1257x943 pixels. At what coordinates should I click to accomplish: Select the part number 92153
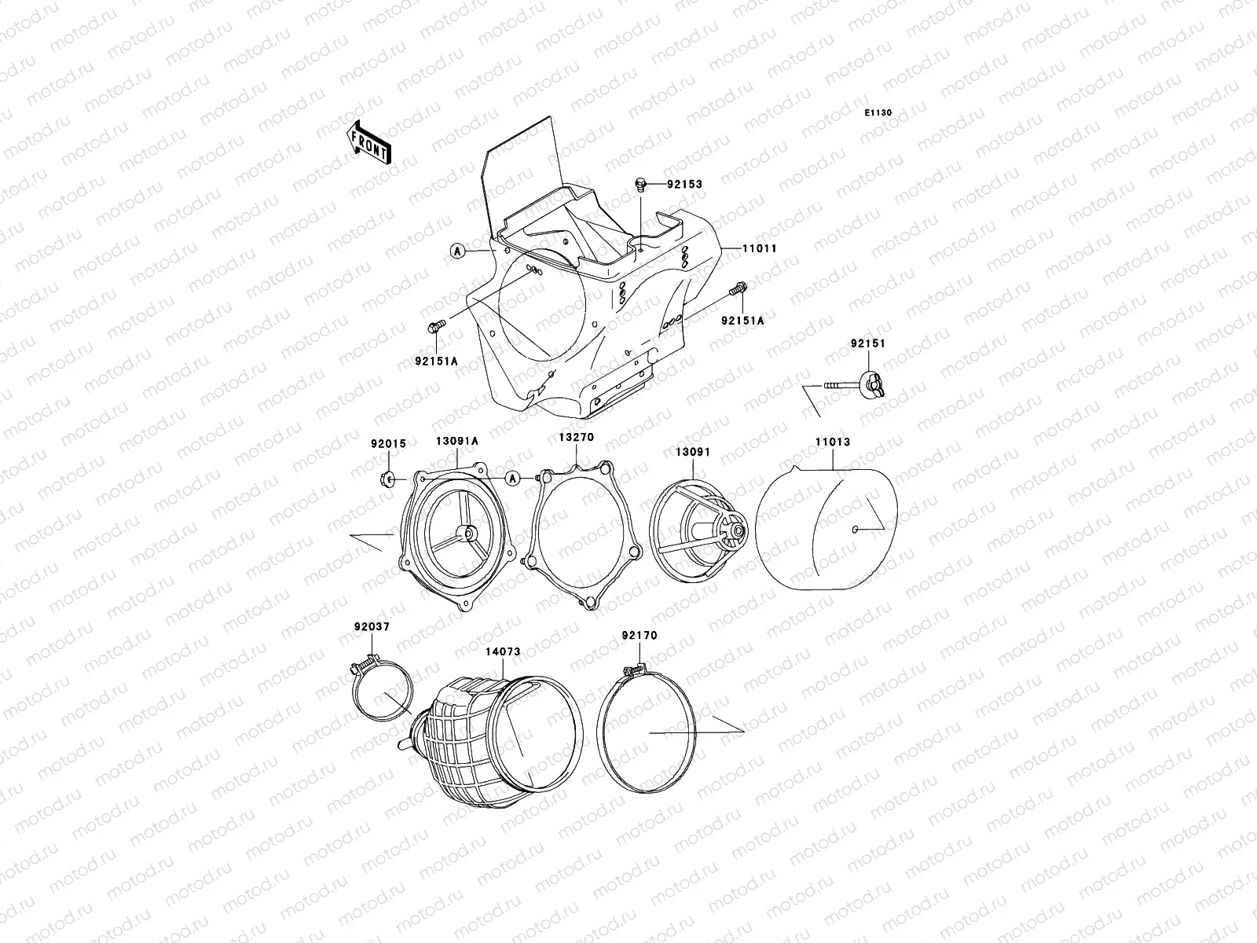pyautogui.click(x=684, y=185)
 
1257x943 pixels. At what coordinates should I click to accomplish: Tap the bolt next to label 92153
pyautogui.click(x=640, y=184)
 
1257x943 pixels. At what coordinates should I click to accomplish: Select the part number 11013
pyautogui.click(x=832, y=442)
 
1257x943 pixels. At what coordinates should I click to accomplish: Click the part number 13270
pyautogui.click(x=577, y=437)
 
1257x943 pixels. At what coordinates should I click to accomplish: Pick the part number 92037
pyautogui.click(x=372, y=626)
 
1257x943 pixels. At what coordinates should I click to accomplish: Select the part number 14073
pyautogui.click(x=503, y=651)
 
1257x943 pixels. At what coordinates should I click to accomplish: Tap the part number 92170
pyautogui.click(x=639, y=635)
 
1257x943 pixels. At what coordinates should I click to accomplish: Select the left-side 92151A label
pyautogui.click(x=436, y=361)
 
